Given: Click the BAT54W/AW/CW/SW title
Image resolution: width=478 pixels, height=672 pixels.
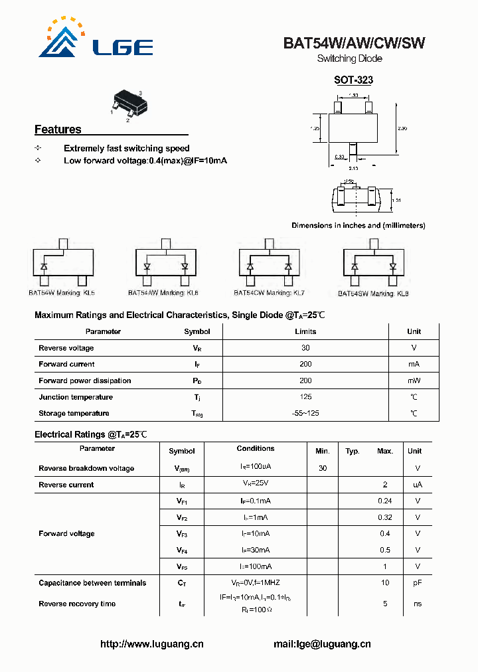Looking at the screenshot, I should click(354, 43).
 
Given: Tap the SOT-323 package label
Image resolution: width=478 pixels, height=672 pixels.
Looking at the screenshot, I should click(353, 80).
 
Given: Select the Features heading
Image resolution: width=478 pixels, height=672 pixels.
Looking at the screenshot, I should click(58, 129).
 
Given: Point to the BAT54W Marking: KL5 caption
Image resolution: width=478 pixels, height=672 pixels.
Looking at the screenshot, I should click(62, 293).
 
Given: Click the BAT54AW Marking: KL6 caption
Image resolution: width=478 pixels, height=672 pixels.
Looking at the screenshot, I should click(163, 293).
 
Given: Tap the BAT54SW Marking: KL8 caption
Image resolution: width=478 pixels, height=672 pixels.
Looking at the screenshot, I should click(373, 293).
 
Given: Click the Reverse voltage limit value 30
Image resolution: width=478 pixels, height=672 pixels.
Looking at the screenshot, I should click(305, 348).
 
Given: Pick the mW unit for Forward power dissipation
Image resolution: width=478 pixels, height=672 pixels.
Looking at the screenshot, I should click(414, 380).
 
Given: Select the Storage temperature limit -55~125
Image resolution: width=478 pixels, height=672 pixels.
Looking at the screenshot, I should click(305, 413).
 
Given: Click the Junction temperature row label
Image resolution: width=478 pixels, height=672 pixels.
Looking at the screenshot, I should click(76, 397).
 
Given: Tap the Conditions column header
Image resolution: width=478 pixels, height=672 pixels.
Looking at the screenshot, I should click(256, 449).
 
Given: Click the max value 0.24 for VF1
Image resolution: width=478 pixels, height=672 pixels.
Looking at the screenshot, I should click(385, 501).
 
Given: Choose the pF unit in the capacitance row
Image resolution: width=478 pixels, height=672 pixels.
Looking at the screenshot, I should click(418, 583).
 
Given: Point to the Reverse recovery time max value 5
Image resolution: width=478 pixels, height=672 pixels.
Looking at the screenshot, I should click(385, 604).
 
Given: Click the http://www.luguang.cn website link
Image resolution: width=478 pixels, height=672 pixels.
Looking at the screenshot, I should click(152, 644).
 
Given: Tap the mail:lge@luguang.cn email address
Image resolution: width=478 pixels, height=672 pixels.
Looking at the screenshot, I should click(322, 644).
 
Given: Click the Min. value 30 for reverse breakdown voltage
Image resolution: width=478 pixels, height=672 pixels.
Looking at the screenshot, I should click(323, 468).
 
